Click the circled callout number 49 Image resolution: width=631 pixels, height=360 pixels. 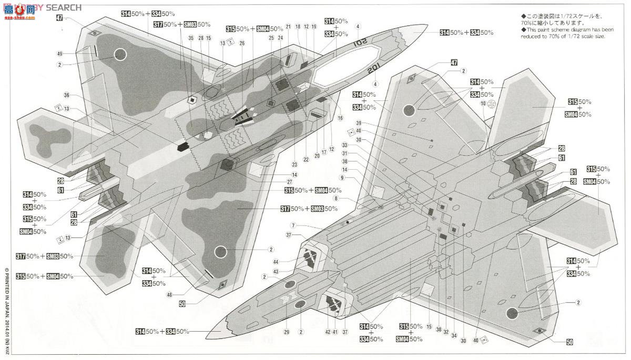[60, 54]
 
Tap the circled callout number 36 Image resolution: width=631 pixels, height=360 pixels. [66, 95]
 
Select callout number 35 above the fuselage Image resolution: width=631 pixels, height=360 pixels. [191, 38]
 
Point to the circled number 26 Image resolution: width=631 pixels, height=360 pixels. [242, 43]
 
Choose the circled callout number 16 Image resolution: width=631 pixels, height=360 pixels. [340, 118]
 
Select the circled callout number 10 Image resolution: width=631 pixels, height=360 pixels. [483, 104]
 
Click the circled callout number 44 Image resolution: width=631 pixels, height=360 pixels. [291, 261]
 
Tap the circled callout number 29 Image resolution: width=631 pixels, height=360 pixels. [287, 332]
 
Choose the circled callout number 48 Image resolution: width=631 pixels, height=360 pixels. [169, 295]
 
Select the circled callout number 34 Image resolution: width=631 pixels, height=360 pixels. [454, 335]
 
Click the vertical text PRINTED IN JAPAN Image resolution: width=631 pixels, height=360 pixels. [7, 305]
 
